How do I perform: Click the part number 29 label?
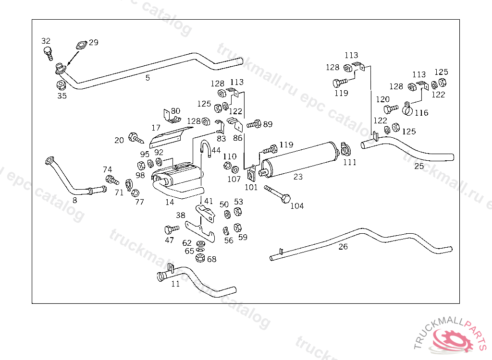pos(94,42)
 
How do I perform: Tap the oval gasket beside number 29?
pos(81,45)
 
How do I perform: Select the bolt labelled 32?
pos(48,53)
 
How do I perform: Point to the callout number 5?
pos(148,78)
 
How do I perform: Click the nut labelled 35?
pos(61,84)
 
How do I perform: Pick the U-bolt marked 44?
pos(206,148)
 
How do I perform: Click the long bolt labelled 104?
pos(278,194)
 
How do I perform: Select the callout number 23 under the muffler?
pos(298,177)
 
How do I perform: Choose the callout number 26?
pos(343,247)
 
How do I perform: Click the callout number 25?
pos(419,166)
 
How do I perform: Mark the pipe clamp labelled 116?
pos(407,108)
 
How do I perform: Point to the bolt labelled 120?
pos(391,109)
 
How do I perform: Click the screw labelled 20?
pos(136,138)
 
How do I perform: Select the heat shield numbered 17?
pos(171,137)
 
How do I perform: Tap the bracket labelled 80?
pos(172,116)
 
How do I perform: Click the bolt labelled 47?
pos(172,229)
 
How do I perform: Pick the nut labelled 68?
pos(200,258)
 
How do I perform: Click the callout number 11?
pos(175,284)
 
